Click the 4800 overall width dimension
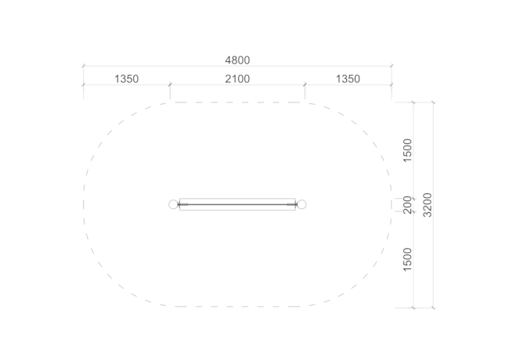click(237, 60)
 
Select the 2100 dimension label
click(237, 79)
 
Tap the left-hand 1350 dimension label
click(127, 79)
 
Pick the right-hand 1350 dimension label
click(348, 79)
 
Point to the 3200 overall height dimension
click(428, 205)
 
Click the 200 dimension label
click(407, 205)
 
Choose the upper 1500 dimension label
click(407, 150)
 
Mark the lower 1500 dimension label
click(407, 260)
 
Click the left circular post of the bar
click(173, 204)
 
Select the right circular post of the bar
click(301, 204)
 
